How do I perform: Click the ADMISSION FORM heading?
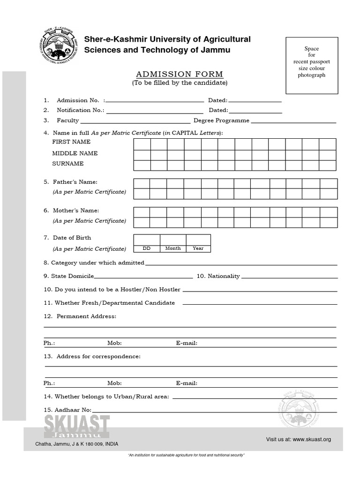tap(180, 74)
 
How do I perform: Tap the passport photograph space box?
tap(311, 65)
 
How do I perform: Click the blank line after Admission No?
tap(155, 101)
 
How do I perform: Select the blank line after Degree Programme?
tap(294, 122)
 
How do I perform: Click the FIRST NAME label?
tap(71, 142)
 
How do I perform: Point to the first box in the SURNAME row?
tap(142, 165)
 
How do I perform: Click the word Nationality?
tap(224, 276)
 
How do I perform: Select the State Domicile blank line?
tap(143, 277)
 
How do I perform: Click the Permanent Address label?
tap(86, 316)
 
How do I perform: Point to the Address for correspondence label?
tap(98, 357)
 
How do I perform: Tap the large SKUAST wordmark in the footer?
tap(77, 427)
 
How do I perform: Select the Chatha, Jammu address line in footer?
tap(76, 444)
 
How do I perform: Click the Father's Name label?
tap(75, 182)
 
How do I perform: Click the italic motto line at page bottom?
tap(186, 456)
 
